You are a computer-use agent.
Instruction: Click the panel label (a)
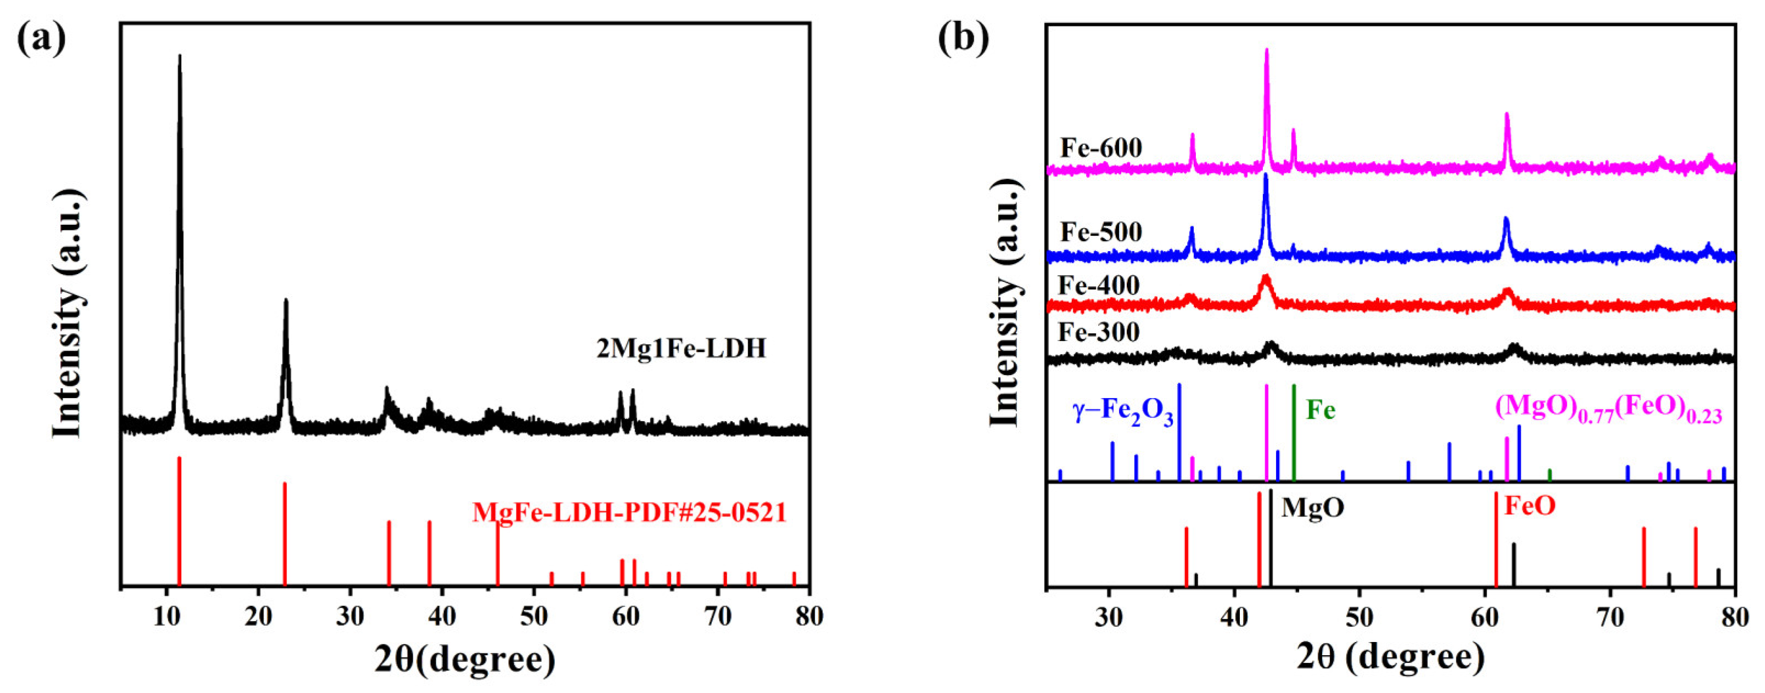point(41,39)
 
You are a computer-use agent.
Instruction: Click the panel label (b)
point(963,39)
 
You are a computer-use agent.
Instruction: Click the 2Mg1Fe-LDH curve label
point(681,349)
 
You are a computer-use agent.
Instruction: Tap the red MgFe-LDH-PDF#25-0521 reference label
point(629,512)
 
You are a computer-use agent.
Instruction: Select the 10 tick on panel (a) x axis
point(166,616)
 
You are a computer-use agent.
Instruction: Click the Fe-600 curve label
point(1101,147)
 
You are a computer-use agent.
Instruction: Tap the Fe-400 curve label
point(1098,285)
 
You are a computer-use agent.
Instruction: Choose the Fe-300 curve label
point(1098,332)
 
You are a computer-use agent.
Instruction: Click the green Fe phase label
point(1320,410)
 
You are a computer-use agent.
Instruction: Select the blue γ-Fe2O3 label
point(1122,413)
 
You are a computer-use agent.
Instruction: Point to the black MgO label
point(1313,508)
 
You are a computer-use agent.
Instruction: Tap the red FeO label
point(1530,506)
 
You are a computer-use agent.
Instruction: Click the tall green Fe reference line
point(1294,431)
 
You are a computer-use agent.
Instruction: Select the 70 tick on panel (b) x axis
point(1610,616)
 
